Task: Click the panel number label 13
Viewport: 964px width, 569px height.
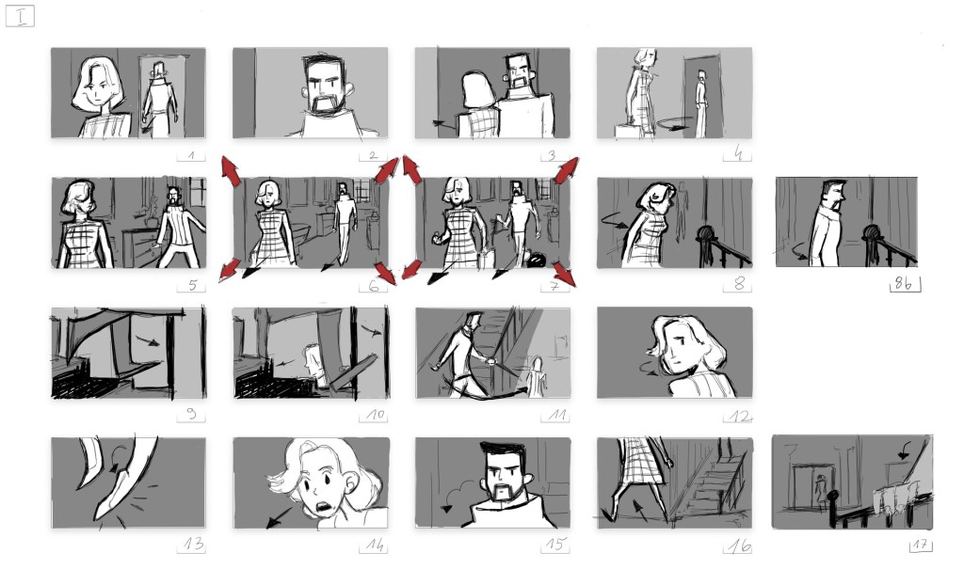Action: [193, 544]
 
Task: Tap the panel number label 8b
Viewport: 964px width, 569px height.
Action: [903, 283]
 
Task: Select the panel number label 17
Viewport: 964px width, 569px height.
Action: [921, 545]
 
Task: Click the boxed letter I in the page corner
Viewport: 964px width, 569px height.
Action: [21, 16]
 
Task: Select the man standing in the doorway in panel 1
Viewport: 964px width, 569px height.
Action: [160, 99]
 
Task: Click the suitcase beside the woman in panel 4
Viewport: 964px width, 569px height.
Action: [627, 131]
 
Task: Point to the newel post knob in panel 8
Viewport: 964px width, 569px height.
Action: [706, 234]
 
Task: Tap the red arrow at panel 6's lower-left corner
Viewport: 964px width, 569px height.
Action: [230, 269]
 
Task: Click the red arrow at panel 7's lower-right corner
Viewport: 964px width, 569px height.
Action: [565, 274]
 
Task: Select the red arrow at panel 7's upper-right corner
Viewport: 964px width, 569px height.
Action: [566, 169]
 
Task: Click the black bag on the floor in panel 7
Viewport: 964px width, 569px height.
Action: [536, 260]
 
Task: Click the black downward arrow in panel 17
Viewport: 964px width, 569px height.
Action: [904, 451]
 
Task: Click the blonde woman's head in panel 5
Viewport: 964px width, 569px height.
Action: [77, 198]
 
